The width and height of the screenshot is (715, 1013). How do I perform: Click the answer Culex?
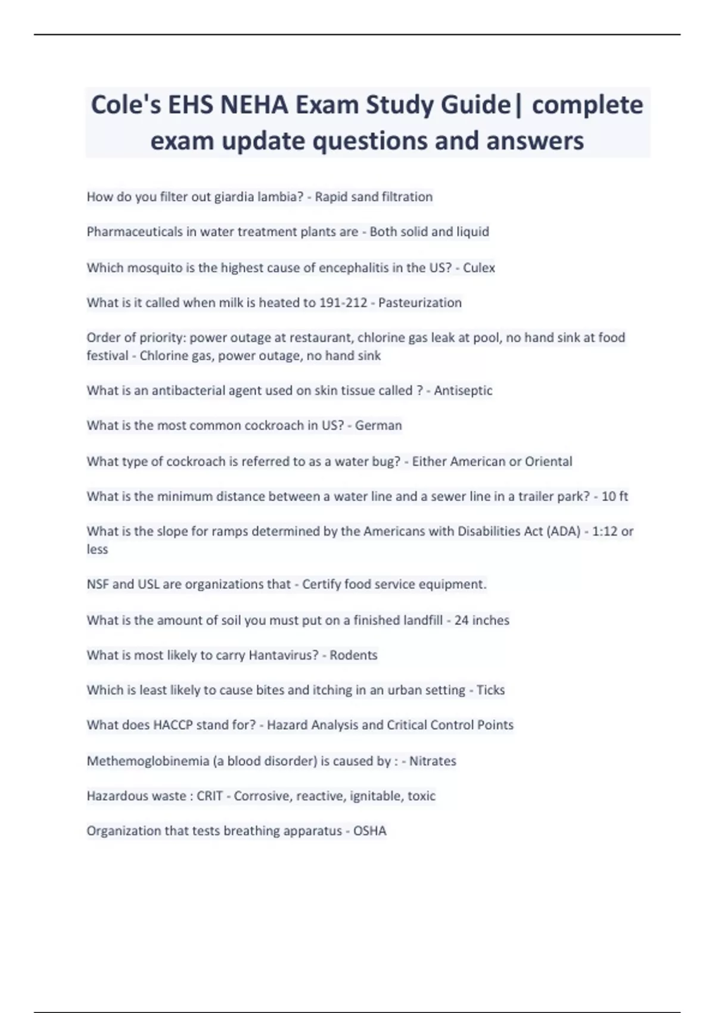479,268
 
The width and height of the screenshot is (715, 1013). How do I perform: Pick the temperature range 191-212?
343,303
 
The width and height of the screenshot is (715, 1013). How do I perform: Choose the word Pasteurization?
420,303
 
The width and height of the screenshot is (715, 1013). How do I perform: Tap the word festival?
107,356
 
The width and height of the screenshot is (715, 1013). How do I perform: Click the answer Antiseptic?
463,390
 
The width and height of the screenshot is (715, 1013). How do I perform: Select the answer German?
378,425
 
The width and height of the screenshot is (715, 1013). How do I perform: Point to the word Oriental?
548,461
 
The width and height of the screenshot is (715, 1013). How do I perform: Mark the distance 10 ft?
614,496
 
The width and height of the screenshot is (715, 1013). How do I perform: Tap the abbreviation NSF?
98,585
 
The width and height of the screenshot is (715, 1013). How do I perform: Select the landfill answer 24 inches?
481,620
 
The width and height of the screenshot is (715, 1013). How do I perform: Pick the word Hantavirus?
283,655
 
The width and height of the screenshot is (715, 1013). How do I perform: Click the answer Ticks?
490,690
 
